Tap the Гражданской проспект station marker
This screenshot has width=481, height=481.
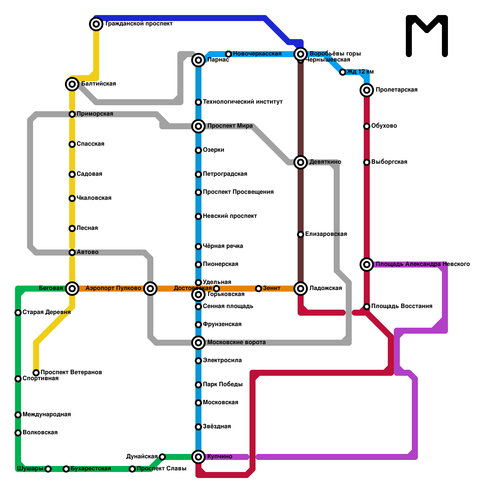pos(96,24)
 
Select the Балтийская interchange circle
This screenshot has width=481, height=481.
pos(72,84)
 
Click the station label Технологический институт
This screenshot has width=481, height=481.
pos(243,102)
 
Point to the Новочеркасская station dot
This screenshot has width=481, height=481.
pos(228,54)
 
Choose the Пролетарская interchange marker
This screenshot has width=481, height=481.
pos(367,90)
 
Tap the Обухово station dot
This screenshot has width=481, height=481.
pos(367,126)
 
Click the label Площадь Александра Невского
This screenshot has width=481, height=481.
pos(423,264)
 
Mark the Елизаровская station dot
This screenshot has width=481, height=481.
pos(301,234)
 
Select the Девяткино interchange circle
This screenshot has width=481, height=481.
pos(301,162)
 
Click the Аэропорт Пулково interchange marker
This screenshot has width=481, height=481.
pos(150,289)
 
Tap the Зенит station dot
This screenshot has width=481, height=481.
pos(259,289)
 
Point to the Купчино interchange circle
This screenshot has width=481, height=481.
pos(198,457)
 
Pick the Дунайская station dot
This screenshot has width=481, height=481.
pos(162,457)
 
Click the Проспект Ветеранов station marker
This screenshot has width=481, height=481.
pos(36,373)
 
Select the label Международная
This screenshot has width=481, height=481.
pos(47,415)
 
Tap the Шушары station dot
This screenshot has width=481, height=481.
pos(48,469)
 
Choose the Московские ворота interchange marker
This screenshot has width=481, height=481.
pos(198,343)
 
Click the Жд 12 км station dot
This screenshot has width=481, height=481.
pos(343,72)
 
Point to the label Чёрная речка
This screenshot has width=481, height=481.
pos(223,246)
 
